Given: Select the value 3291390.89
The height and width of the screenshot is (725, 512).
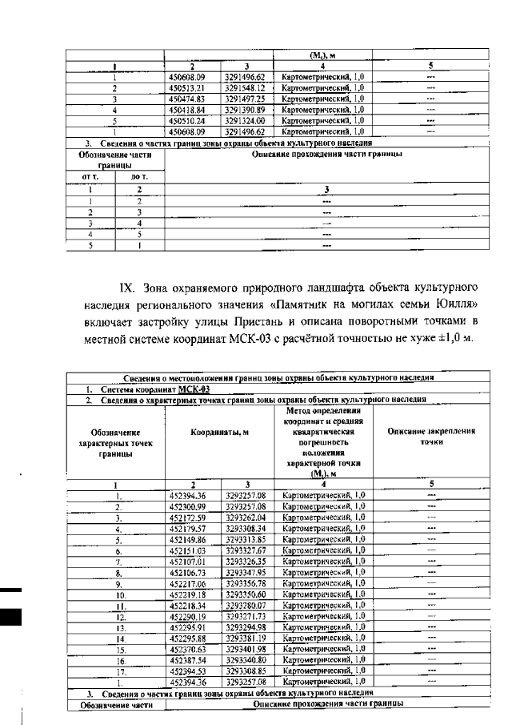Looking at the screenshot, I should [x=245, y=109].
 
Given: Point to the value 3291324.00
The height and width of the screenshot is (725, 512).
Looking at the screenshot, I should [x=245, y=119].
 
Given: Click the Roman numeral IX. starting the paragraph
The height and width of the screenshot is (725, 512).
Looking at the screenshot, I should [x=129, y=287].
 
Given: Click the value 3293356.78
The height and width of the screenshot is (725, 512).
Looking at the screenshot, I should [x=245, y=585].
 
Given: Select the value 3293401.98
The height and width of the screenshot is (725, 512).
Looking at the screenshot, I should [x=245, y=648].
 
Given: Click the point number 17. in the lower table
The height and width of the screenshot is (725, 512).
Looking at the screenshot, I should [x=118, y=671].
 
